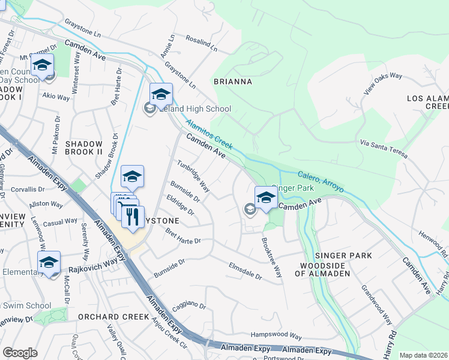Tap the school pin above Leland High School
[161, 95]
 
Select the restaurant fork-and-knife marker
[133, 217]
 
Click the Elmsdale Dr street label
[246, 271]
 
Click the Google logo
[20, 353]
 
